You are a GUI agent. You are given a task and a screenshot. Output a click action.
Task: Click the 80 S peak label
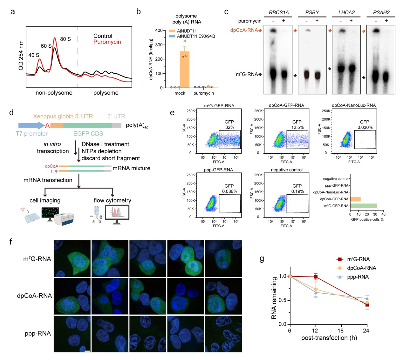pyautogui.click(x=65, y=39)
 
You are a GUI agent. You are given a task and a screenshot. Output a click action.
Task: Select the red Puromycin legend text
pyautogui.click(x=107, y=42)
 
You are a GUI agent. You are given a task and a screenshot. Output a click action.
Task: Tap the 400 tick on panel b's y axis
pyautogui.click(x=159, y=30)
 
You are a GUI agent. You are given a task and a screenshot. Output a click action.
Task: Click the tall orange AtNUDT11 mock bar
pyautogui.click(x=184, y=70)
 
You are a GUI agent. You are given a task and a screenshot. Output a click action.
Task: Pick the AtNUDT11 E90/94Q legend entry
pyautogui.click(x=196, y=36)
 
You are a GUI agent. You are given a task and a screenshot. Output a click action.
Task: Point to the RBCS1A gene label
pyautogui.click(x=279, y=12)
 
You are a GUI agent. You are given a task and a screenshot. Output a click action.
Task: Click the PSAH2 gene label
pyautogui.click(x=381, y=12)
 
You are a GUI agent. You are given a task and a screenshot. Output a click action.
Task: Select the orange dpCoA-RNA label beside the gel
pyautogui.click(x=244, y=30)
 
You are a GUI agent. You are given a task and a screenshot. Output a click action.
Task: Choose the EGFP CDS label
pyautogui.click(x=88, y=134)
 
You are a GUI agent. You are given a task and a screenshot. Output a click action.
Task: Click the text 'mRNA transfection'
pyautogui.click(x=48, y=180)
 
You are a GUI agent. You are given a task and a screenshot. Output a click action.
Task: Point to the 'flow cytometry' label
pyautogui.click(x=112, y=200)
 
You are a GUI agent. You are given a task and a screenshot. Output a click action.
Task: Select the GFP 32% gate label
pyautogui.click(x=229, y=125)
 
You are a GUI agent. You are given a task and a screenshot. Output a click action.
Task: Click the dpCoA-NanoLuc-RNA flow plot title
pyautogui.click(x=354, y=105)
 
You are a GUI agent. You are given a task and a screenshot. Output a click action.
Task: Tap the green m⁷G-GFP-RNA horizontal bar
pyautogui.click(x=363, y=206)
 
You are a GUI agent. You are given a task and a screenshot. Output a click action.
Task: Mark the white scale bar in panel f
pyautogui.click(x=87, y=351)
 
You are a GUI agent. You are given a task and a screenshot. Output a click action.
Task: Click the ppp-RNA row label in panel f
pyautogui.click(x=38, y=333)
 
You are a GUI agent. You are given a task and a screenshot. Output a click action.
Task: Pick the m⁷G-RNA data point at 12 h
pyautogui.click(x=316, y=277)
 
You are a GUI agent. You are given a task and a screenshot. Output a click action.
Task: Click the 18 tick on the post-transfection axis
pyautogui.click(x=341, y=330)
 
